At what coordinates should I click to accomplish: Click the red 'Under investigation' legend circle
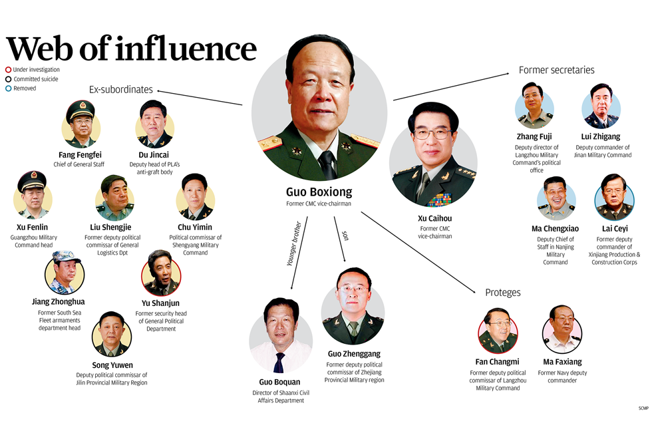click(8, 69)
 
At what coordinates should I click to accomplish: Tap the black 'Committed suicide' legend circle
click(8, 79)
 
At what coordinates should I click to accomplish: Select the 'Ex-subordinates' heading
click(121, 89)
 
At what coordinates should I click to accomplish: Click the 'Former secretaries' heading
click(556, 70)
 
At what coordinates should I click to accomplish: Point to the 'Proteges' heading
click(503, 293)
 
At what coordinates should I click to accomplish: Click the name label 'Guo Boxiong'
click(318, 193)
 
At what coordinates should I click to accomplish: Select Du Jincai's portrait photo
click(154, 123)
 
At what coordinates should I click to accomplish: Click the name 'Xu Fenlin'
click(32, 227)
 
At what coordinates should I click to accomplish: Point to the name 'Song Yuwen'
click(112, 365)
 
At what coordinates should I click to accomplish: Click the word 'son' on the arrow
click(345, 235)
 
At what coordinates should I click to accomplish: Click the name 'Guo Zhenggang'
click(354, 354)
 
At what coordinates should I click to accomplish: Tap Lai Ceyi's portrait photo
click(613, 198)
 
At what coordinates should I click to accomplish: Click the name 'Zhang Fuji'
click(534, 137)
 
